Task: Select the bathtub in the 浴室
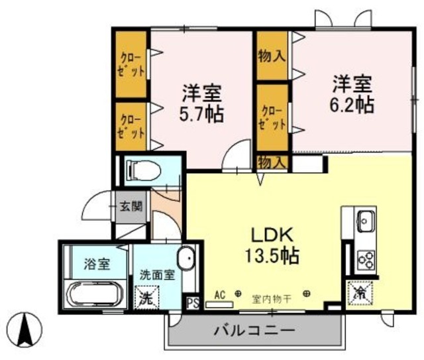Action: (x=94, y=292)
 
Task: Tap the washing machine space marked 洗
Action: (x=145, y=297)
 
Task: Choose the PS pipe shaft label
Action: (x=192, y=303)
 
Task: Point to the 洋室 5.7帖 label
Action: (x=201, y=102)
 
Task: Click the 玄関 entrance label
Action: (x=131, y=206)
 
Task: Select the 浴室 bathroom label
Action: (x=97, y=263)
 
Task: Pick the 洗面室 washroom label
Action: (x=157, y=274)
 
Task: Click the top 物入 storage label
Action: (x=272, y=56)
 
